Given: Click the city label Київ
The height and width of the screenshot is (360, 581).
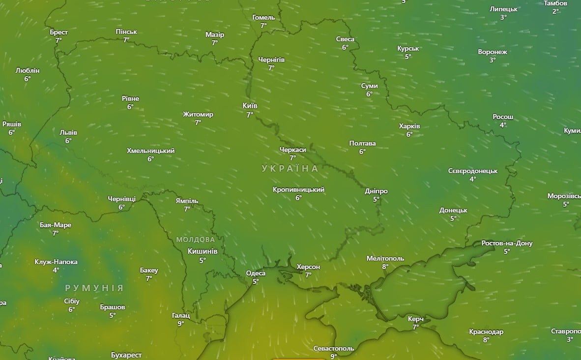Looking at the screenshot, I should tap(250, 106).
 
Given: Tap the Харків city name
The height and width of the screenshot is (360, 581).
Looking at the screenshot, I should tap(409, 126).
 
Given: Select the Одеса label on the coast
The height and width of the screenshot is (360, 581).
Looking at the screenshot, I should tap(256, 273).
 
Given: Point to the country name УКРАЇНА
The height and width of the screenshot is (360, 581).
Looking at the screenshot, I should tap(290, 168).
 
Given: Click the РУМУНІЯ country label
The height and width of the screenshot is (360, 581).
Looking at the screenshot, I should tap(94, 288).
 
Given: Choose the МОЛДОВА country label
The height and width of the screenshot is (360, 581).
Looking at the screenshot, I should tap(196, 240).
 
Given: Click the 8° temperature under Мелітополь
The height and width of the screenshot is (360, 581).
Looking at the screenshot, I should tap(385, 267).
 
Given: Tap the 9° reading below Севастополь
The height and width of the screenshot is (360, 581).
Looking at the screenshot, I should tap(333, 356).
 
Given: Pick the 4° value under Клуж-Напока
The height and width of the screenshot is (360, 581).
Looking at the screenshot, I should tap(56, 270).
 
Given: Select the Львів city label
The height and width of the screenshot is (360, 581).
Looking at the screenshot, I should tap(68, 132).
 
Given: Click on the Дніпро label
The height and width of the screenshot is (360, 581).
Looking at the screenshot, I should tap(376, 191).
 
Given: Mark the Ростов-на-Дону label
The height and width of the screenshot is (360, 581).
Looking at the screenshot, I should tap(507, 243).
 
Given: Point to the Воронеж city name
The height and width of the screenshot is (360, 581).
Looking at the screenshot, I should tap(492, 52).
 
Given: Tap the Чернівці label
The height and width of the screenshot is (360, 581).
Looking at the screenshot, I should tap(121, 199).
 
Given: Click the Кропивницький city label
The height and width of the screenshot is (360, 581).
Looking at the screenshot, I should tap(298, 189).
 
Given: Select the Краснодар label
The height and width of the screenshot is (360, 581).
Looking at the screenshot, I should tap(486, 331).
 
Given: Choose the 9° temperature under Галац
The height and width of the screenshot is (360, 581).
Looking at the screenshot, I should tap(180, 324).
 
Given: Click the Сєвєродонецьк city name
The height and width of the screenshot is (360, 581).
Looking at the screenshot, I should tap(472, 171).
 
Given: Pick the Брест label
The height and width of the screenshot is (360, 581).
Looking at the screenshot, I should tap(58, 32).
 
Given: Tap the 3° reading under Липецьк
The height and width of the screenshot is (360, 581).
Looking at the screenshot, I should tap(503, 17).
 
